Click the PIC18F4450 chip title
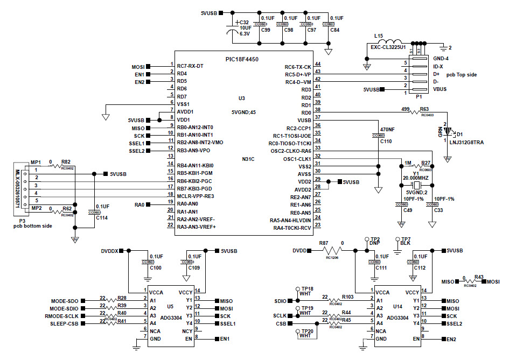[x=242, y=58]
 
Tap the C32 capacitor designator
[x=243, y=23]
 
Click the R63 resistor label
[x=424, y=109]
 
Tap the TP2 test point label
[x=375, y=239]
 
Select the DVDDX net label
[x=111, y=251]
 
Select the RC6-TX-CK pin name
[x=298, y=67]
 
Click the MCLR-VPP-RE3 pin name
[x=196, y=196]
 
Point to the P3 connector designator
[x=22, y=221]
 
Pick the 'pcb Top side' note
[x=462, y=74]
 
